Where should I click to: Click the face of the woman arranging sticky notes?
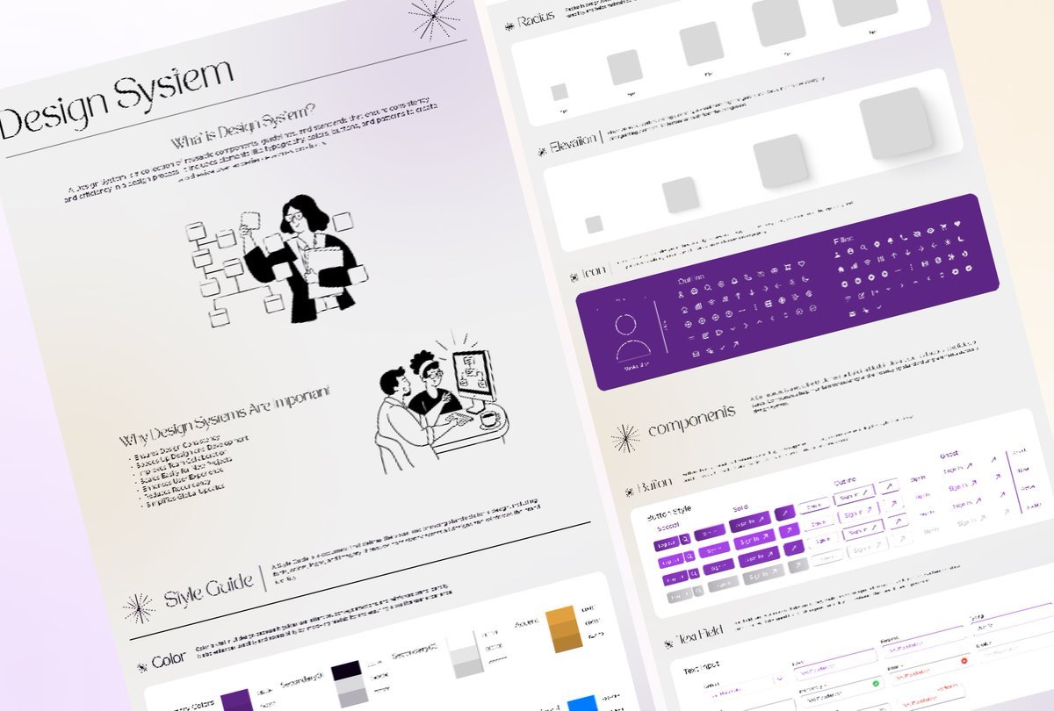point(294,214)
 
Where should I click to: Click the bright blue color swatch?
point(581,703)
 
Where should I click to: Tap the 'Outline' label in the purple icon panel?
point(691,279)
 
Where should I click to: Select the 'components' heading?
point(691,417)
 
